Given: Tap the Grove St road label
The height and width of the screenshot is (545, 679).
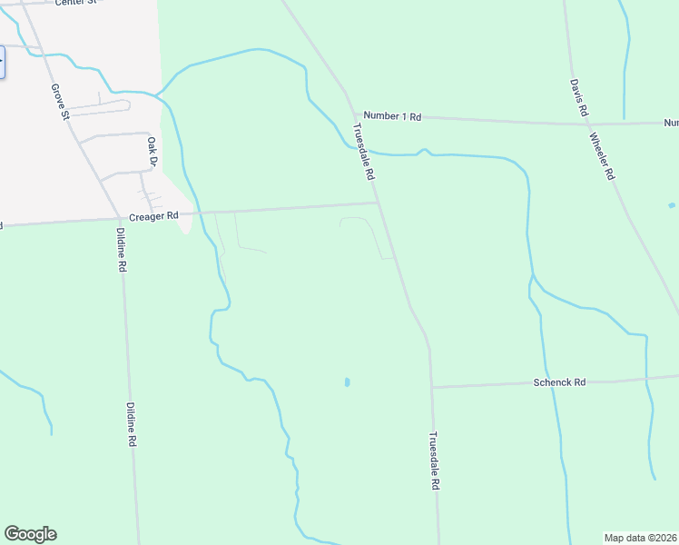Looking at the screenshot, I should coord(60,102).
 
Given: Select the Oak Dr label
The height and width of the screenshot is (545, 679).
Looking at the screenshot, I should coord(153,152).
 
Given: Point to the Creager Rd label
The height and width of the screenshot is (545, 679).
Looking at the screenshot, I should coord(152,216).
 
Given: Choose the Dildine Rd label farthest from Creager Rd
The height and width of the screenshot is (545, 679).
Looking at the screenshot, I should coord(132,425).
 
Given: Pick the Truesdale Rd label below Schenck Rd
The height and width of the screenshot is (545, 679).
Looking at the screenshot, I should coord(434,461).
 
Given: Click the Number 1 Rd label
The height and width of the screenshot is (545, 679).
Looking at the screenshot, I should coord(393,116).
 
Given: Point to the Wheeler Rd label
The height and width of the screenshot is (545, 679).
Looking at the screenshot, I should coord(603,155).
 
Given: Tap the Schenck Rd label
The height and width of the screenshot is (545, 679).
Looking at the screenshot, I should coord(559,382).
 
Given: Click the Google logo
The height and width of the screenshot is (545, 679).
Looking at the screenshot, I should coord(30,534).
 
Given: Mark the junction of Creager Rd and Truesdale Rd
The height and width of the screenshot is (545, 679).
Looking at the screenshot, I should coord(378,203).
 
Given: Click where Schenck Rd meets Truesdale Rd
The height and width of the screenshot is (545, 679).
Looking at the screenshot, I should coord(432,387).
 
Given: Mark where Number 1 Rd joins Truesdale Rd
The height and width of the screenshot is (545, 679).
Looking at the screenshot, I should coord(354,114).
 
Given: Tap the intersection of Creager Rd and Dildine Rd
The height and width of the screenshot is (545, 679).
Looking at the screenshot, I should coord(120,218).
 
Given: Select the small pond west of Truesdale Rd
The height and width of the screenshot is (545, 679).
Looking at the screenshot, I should coord(347,382).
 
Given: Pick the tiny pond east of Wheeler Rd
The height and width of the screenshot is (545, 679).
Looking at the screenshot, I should coord(671,205).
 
